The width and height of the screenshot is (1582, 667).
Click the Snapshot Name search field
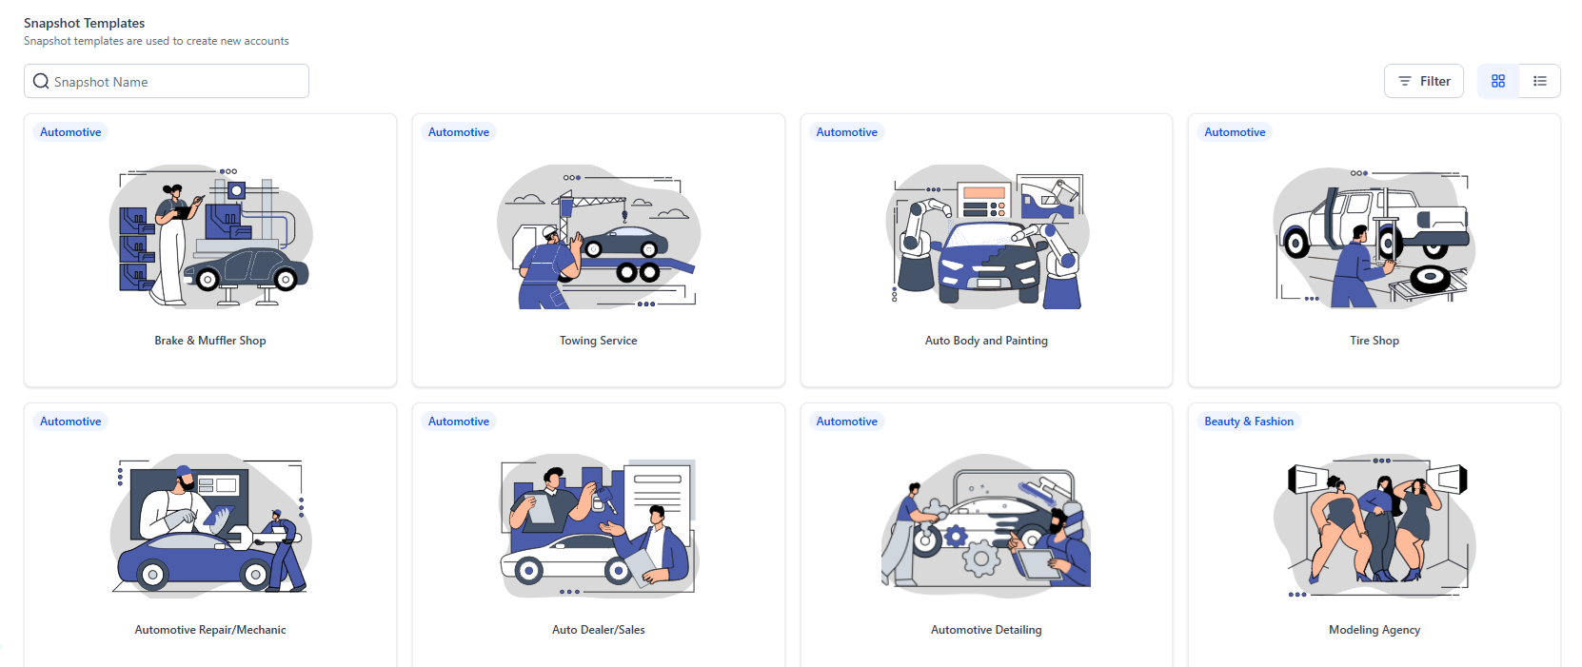point(167,81)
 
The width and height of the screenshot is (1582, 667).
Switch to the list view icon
point(1539,81)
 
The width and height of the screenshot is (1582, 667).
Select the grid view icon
point(1498,81)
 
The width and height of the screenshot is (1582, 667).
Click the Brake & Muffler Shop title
point(210,341)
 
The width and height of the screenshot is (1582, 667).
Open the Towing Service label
point(598,341)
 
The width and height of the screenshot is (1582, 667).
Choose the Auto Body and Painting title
point(986,341)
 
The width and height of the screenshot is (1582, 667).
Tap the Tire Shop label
point(1374,341)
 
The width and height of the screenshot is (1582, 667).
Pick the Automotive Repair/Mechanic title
point(210,630)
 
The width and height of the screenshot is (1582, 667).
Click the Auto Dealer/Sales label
point(598,630)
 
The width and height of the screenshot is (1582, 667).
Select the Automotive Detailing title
point(986,630)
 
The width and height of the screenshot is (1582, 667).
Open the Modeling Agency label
point(1374,630)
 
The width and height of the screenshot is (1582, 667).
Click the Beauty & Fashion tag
point(1249,422)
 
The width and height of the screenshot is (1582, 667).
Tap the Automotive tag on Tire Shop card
point(1235,132)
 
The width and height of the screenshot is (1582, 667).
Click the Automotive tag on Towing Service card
point(459,132)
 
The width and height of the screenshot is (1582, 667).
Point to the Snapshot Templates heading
point(84,23)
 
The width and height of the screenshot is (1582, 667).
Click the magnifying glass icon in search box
point(41,81)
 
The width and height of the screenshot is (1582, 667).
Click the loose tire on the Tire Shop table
point(1430,278)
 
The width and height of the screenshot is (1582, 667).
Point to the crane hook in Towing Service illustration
point(624,215)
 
